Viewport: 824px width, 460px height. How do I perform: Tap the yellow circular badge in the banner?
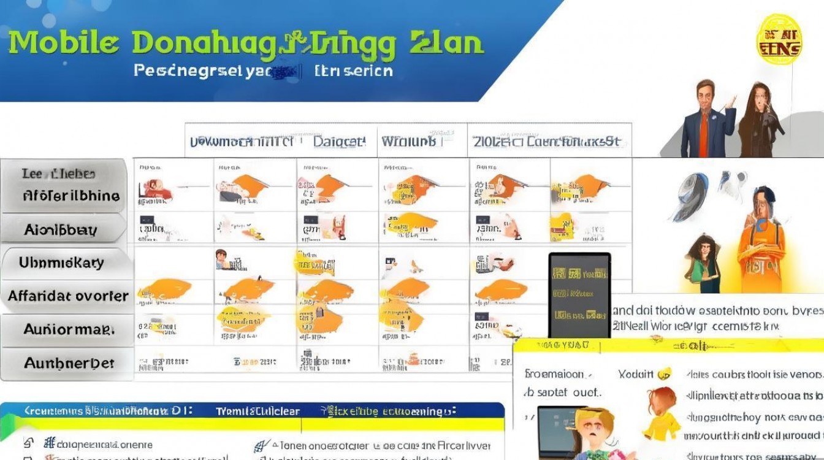779,40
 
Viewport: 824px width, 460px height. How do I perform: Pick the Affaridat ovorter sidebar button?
68,296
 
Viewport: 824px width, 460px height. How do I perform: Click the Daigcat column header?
339,142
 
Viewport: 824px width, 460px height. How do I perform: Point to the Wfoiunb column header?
409,142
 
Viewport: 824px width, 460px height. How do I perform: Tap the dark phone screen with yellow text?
579,294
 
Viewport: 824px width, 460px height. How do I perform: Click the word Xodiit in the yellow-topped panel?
636,373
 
